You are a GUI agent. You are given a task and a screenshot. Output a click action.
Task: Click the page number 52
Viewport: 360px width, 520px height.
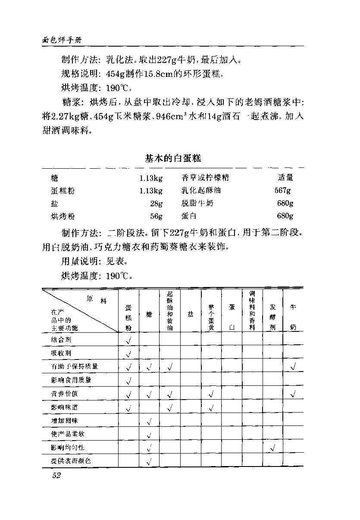(x=56, y=476)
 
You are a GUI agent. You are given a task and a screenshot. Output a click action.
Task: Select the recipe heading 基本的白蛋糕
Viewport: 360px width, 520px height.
(x=173, y=158)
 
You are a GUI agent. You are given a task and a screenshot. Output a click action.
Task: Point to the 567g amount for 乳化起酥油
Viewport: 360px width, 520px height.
(x=282, y=190)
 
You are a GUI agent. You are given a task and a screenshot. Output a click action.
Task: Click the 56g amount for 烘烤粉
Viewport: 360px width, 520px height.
(x=156, y=216)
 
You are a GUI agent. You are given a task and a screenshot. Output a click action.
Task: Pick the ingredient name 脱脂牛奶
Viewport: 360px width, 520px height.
(x=197, y=203)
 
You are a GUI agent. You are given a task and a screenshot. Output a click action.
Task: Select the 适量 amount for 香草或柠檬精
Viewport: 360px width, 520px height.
(x=285, y=177)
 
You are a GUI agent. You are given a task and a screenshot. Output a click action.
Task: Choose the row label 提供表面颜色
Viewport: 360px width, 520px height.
(x=71, y=461)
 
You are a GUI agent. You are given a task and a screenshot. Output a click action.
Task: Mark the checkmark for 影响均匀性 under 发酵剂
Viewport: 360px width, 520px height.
(x=272, y=448)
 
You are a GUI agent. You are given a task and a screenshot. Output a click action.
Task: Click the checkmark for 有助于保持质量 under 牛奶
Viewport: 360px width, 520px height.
(x=293, y=367)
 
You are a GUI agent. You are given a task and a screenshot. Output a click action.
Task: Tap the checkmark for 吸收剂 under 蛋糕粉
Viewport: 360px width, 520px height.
(x=128, y=354)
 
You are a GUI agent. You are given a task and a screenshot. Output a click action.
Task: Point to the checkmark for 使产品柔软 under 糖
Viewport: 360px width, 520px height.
(x=149, y=435)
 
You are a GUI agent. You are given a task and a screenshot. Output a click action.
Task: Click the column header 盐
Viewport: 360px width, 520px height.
(x=191, y=314)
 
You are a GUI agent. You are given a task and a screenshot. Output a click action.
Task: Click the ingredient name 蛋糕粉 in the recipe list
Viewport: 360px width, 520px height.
(x=63, y=190)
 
